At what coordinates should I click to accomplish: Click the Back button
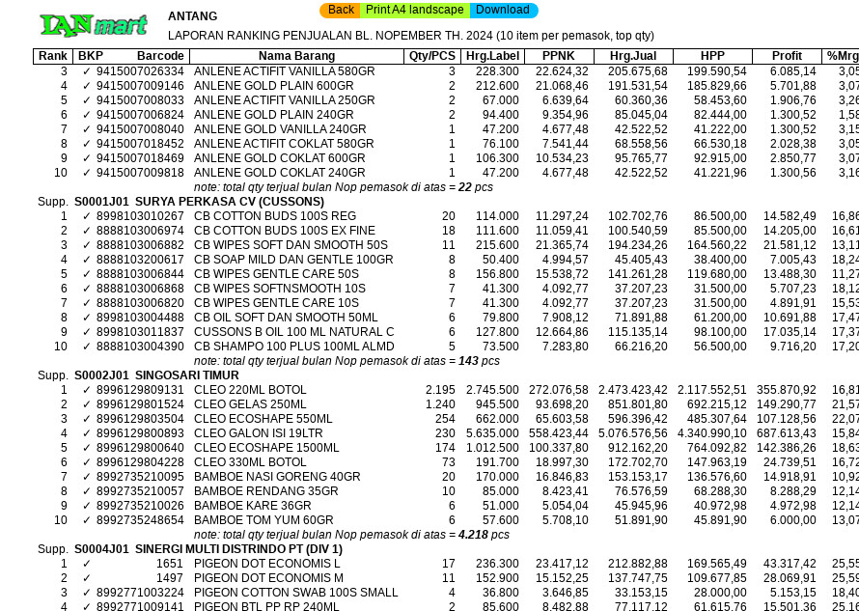click(341, 10)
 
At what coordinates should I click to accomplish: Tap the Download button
click(502, 10)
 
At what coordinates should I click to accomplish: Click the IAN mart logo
click(93, 25)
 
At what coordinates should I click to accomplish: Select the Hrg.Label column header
click(491, 56)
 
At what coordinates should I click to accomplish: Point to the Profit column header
click(787, 56)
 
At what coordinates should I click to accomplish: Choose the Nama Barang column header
click(296, 56)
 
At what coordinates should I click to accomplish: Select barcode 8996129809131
click(140, 390)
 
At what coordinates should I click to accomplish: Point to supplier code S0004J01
click(101, 549)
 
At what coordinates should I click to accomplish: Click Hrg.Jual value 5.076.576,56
click(632, 433)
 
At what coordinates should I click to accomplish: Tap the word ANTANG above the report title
click(192, 16)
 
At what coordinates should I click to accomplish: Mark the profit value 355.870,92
click(786, 390)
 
